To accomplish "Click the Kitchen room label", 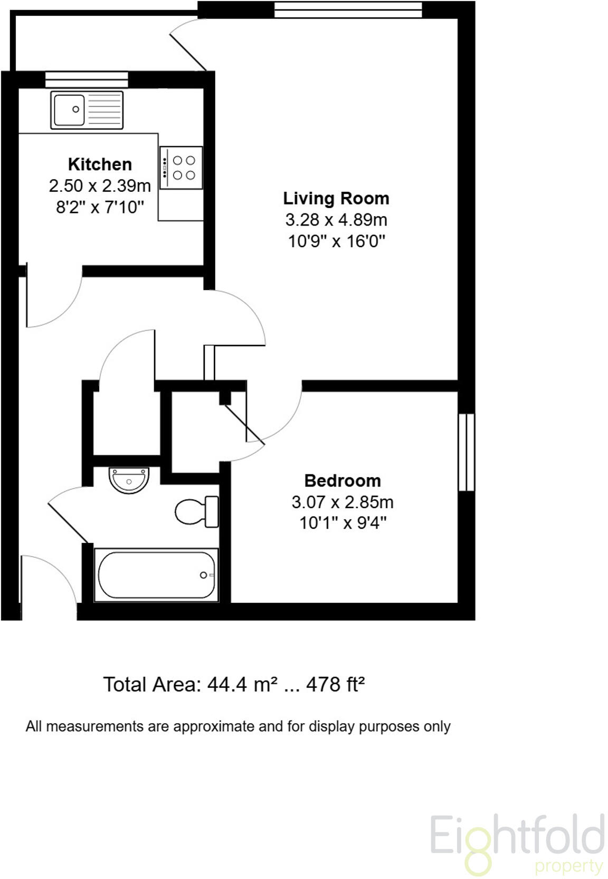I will pyautogui.click(x=100, y=164).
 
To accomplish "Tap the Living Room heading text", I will pyautogui.click(x=336, y=198).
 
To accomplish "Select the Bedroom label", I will pyautogui.click(x=343, y=481).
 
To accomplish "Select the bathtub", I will pyautogui.click(x=156, y=575).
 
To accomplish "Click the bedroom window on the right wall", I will pyautogui.click(x=466, y=452).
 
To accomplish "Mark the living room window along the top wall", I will pyautogui.click(x=348, y=10).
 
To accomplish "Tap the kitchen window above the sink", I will pyautogui.click(x=87, y=79).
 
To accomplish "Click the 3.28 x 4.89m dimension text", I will pyautogui.click(x=336, y=220).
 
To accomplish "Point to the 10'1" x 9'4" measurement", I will pyautogui.click(x=343, y=523).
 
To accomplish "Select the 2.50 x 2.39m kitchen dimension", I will pyautogui.click(x=100, y=186).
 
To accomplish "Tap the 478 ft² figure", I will pyautogui.click(x=336, y=685).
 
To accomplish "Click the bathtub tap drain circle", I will pyautogui.click(x=203, y=575).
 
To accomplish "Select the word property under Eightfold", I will pyautogui.click(x=568, y=867).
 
